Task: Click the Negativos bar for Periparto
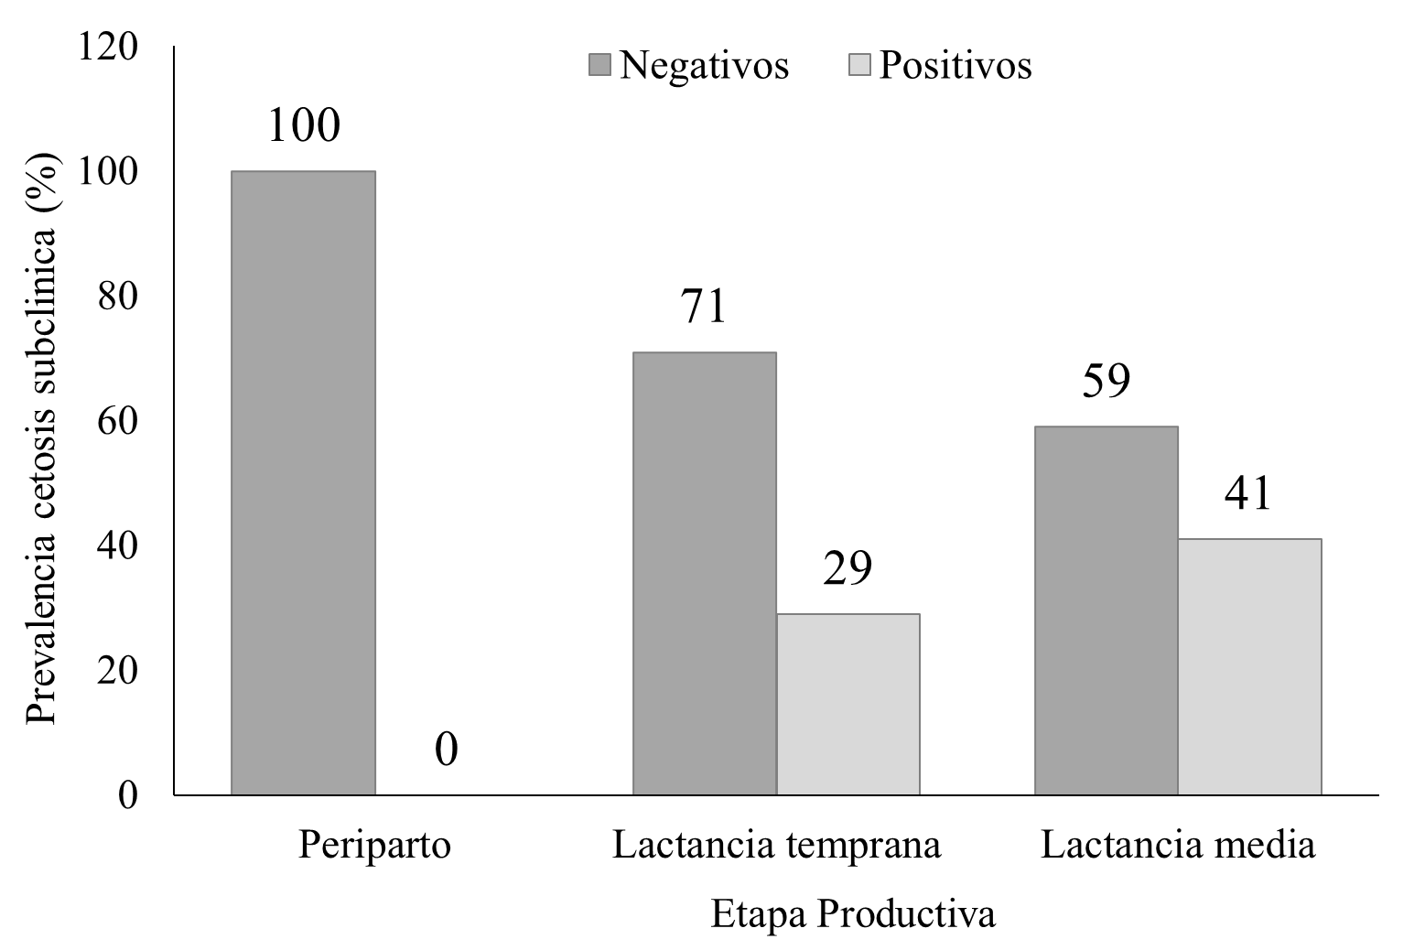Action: [303, 482]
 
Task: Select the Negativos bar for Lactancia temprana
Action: [705, 573]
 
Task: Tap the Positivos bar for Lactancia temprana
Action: [847, 704]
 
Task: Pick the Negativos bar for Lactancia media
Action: [1106, 610]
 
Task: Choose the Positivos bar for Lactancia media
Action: [1249, 666]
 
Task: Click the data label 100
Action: [304, 126]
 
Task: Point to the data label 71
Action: [703, 308]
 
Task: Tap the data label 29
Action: [847, 568]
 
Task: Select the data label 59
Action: [1106, 382]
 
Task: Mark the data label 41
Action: [1248, 494]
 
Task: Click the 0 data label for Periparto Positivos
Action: [446, 750]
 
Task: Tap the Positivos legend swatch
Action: [860, 65]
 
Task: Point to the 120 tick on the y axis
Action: [109, 47]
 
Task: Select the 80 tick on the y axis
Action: [119, 297]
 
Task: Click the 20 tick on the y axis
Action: [119, 671]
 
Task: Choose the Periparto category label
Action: [374, 845]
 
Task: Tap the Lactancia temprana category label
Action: [776, 845]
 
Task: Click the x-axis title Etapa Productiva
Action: [853, 914]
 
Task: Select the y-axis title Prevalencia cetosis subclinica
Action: [42, 439]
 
